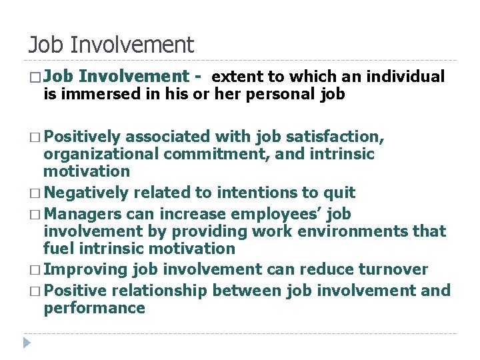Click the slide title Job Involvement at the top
click(x=111, y=45)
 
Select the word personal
click(x=281, y=94)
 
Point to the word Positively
click(x=83, y=137)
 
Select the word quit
click(x=338, y=193)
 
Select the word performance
click(x=94, y=308)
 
